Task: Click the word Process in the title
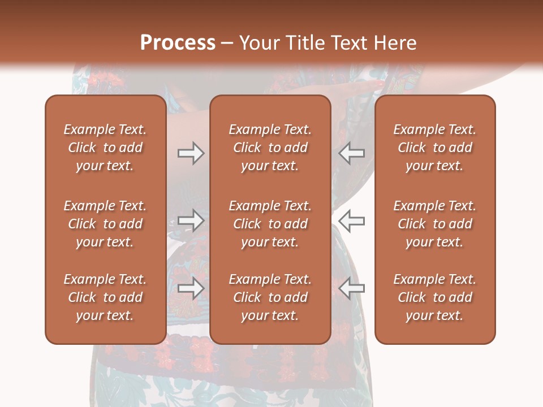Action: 178,42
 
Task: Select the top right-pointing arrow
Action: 191,153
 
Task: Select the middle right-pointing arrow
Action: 191,220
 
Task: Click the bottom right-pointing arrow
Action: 191,288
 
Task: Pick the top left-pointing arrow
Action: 351,153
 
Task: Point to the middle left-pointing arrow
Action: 351,220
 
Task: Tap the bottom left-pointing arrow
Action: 351,288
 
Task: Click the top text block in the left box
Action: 105,148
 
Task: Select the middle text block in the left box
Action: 105,224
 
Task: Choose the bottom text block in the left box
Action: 105,297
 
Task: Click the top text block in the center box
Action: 270,148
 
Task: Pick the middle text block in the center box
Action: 270,224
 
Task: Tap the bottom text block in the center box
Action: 270,297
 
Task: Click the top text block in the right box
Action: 434,148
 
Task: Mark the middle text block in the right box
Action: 434,224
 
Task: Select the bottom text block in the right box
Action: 434,297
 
